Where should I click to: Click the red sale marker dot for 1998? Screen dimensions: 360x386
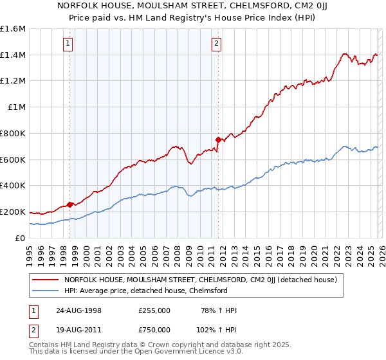[70, 204]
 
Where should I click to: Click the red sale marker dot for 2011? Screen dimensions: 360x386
[218, 139]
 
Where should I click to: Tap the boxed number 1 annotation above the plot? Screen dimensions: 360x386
[68, 44]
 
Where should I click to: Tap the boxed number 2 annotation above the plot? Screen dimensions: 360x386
[216, 44]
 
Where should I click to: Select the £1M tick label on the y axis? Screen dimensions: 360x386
[17, 107]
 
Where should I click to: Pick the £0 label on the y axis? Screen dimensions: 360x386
[21, 238]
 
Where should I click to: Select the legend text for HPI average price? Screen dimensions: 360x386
[146, 291]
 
